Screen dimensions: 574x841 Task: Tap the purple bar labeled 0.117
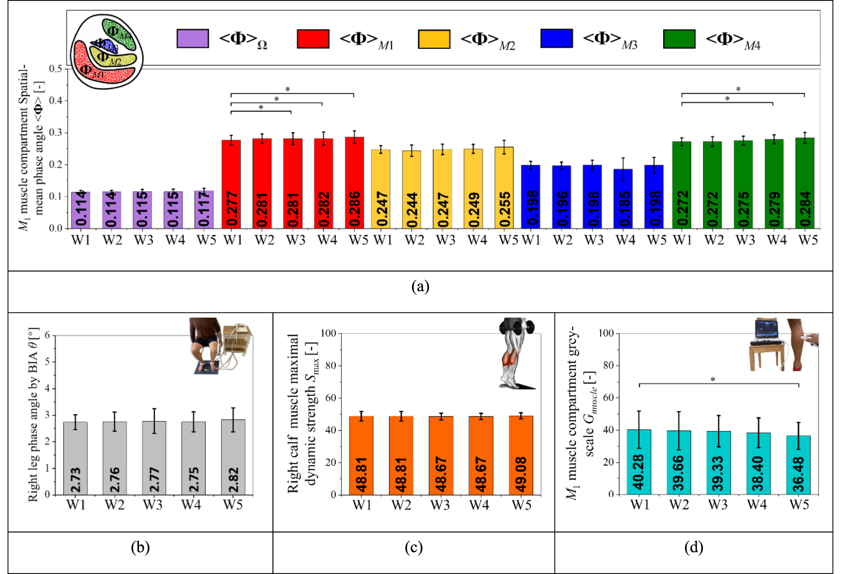tap(204, 210)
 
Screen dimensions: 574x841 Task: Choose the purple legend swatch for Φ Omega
tap(193, 38)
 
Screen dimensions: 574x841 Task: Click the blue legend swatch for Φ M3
tap(556, 38)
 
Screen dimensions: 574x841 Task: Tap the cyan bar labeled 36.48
tap(798, 465)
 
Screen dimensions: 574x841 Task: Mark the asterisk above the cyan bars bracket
tap(713, 379)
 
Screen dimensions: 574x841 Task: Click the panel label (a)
tap(420, 286)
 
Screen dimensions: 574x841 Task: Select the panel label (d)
tap(693, 547)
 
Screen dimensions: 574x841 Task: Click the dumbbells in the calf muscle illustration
tap(517, 326)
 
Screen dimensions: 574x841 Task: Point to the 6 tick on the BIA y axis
tap(47, 335)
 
